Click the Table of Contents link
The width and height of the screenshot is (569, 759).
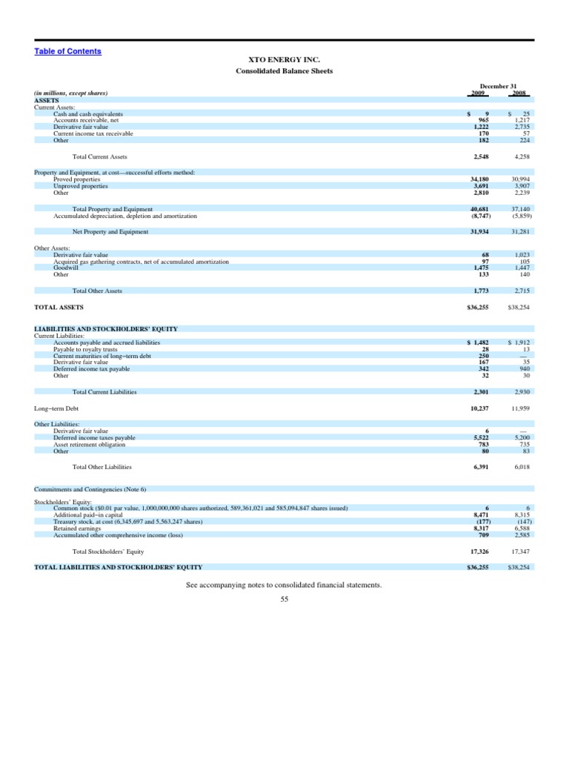(67, 51)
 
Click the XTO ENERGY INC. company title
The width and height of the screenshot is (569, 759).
(284, 59)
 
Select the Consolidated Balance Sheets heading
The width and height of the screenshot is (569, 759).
(284, 71)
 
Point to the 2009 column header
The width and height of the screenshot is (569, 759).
(479, 93)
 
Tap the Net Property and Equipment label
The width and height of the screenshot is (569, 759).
(110, 232)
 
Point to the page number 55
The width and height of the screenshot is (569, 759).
(284, 599)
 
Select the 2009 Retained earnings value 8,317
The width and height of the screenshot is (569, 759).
(479, 528)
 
